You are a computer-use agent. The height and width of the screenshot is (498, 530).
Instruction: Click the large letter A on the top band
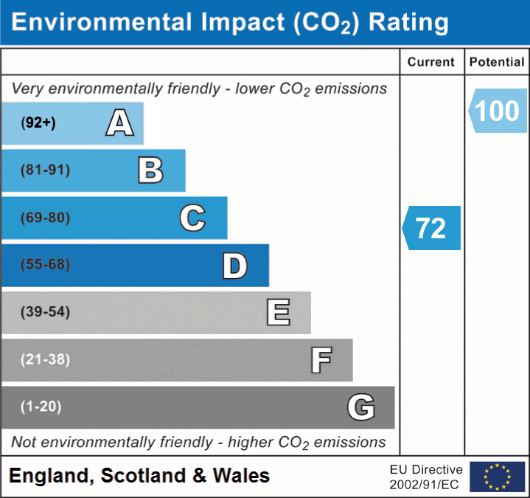(120, 122)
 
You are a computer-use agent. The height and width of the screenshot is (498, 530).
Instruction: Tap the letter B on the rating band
(151, 170)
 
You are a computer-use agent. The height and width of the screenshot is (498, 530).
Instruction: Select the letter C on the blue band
(192, 218)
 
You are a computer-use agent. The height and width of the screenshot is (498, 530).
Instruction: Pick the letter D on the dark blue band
(235, 266)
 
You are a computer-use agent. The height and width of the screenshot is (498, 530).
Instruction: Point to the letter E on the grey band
(279, 312)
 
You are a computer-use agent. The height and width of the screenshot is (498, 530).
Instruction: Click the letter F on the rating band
(321, 360)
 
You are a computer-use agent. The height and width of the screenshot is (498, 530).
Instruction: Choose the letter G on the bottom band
(361, 407)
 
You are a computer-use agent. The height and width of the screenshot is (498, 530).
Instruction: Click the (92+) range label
(38, 122)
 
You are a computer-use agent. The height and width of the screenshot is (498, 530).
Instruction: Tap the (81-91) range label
(45, 170)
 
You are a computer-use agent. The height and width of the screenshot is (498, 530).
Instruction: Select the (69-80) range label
(45, 218)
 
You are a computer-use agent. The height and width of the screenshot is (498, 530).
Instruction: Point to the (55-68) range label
(45, 264)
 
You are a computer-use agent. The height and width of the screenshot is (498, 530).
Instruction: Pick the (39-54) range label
(45, 311)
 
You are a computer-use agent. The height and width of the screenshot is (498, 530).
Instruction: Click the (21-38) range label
(45, 359)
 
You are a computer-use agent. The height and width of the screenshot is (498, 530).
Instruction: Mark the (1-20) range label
(41, 407)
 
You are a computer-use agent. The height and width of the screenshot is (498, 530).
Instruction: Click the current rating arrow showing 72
(431, 228)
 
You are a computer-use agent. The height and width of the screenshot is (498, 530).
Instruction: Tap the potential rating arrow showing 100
(498, 111)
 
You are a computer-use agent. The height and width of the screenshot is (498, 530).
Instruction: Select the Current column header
(431, 62)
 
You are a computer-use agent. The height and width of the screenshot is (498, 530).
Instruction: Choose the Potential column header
(497, 62)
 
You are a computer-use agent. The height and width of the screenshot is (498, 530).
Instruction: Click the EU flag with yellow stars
(498, 477)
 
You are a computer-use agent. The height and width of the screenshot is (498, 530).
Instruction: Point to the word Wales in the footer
(241, 475)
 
